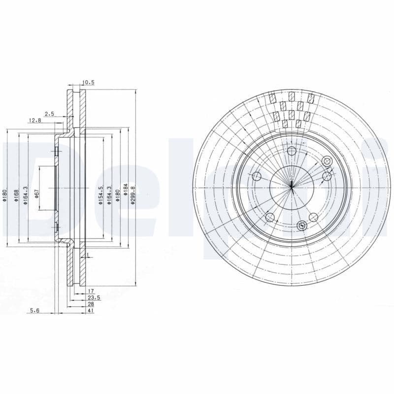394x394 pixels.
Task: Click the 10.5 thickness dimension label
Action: click(x=88, y=83)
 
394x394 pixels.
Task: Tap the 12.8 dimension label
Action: click(x=34, y=120)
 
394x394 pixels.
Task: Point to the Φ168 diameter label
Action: click(x=16, y=194)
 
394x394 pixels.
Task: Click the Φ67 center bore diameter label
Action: click(x=37, y=194)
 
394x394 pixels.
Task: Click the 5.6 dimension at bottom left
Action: click(x=34, y=311)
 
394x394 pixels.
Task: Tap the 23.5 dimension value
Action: click(x=94, y=298)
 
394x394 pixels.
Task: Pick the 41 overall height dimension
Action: click(x=91, y=311)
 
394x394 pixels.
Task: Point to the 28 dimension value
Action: click(x=91, y=304)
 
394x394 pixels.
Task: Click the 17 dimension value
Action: click(x=91, y=292)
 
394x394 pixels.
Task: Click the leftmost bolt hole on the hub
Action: click(x=256, y=176)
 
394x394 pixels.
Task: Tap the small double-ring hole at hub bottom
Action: click(x=302, y=226)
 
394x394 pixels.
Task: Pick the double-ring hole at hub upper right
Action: click(x=327, y=161)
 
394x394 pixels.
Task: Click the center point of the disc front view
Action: click(x=292, y=186)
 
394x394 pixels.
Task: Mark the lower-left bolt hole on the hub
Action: click(x=269, y=217)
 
